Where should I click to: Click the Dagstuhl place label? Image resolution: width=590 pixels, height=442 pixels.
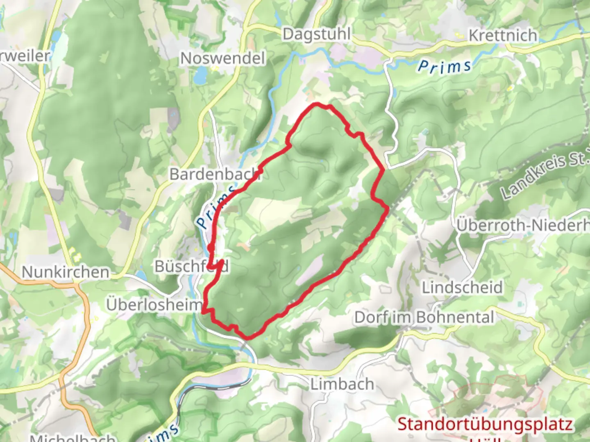316,34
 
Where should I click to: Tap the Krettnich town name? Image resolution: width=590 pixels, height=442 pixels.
503,35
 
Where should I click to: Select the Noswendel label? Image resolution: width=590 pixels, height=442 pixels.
223,58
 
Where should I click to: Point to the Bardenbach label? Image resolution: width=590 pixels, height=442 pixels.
215,174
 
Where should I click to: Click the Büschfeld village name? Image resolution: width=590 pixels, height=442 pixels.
191,266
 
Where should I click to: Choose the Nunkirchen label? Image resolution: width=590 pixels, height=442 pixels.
66,272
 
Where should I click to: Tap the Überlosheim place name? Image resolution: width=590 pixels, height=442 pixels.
154,304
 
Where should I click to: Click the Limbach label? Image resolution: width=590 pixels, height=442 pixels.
342,384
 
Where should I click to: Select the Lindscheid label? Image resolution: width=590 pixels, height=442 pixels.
462,287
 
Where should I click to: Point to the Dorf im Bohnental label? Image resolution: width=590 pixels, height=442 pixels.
424,317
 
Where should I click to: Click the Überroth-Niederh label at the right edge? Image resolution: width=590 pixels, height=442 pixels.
523,225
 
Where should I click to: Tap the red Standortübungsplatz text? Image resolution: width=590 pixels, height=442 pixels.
485,424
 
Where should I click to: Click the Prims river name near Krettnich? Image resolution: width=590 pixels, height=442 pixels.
445,67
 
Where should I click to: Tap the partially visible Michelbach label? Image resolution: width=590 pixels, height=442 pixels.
73,438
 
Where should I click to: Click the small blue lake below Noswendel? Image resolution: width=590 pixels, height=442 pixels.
201,75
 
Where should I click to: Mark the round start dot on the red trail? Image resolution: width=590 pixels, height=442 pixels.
211,248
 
